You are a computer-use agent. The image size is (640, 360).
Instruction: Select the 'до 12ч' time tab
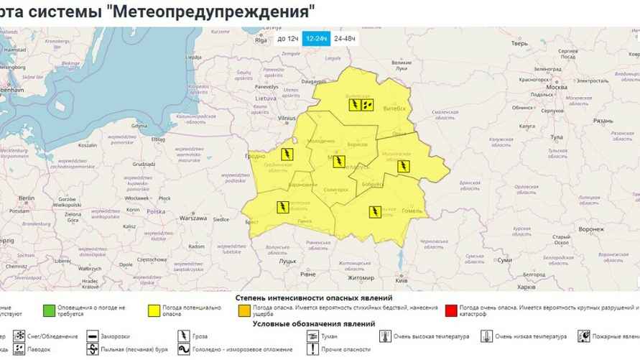click(x=287, y=38)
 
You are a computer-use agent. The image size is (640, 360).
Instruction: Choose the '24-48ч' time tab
click(x=343, y=38)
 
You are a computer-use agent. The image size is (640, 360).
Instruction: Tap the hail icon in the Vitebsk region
click(x=368, y=104)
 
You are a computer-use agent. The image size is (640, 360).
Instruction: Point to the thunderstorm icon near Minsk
click(x=338, y=160)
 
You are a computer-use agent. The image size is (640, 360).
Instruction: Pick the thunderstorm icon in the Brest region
click(x=283, y=208)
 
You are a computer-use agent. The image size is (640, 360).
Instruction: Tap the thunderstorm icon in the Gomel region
click(x=375, y=211)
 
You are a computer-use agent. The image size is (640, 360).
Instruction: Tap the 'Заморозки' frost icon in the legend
click(x=92, y=336)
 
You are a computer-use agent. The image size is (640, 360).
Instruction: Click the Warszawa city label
click(x=194, y=217)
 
